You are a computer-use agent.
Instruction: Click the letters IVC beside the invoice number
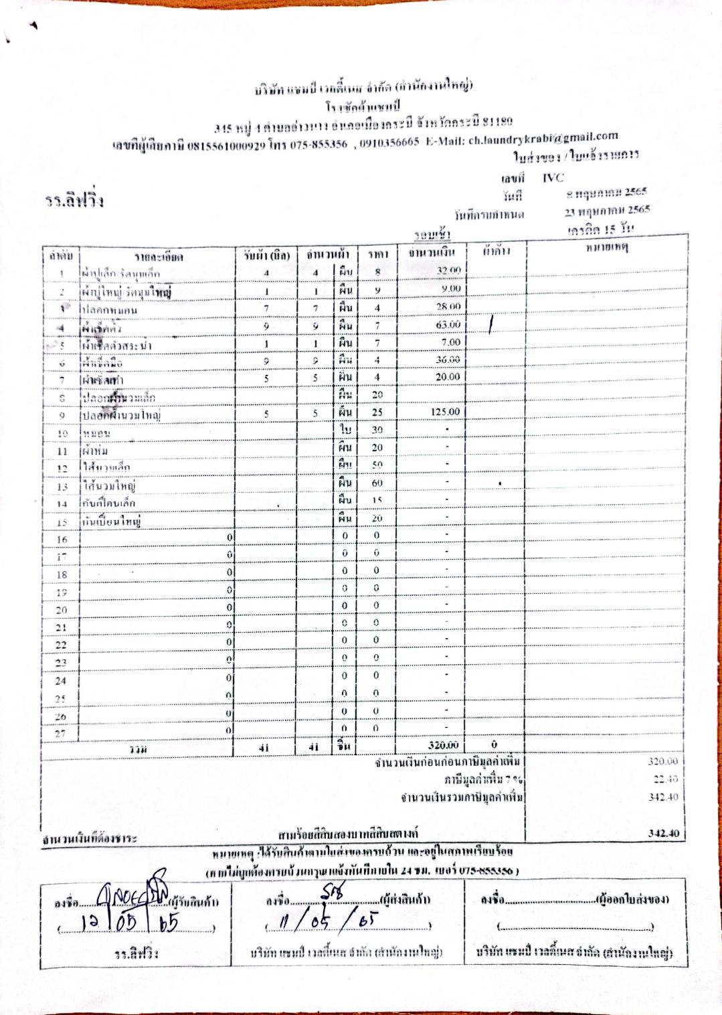[x=553, y=177]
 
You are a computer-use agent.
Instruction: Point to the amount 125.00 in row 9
[x=445, y=412]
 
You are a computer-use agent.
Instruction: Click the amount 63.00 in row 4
[x=448, y=325]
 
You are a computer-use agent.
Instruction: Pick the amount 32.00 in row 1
[x=448, y=270]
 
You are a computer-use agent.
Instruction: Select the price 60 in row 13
[x=377, y=483]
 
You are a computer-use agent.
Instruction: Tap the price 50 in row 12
[x=377, y=465]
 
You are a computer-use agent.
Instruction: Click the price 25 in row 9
[x=377, y=412]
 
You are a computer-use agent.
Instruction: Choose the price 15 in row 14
[x=377, y=500]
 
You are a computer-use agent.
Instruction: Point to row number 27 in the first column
[x=61, y=733]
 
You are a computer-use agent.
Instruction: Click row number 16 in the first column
[x=62, y=540]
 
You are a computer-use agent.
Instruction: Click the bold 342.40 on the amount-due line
[x=663, y=834]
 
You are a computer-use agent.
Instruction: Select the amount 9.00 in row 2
[x=451, y=289]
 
